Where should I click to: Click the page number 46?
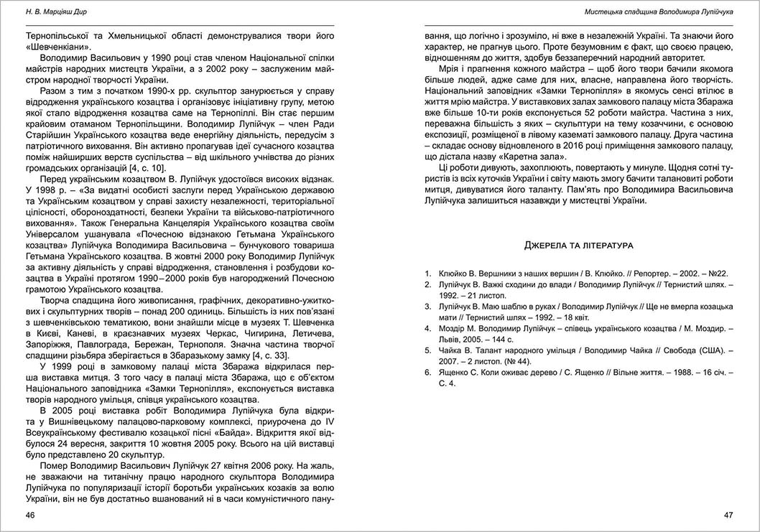click(x=29, y=515)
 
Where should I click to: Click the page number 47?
click(x=728, y=515)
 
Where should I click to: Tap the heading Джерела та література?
click(x=578, y=246)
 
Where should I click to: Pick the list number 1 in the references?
click(x=427, y=274)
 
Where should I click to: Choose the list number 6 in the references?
click(x=427, y=373)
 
